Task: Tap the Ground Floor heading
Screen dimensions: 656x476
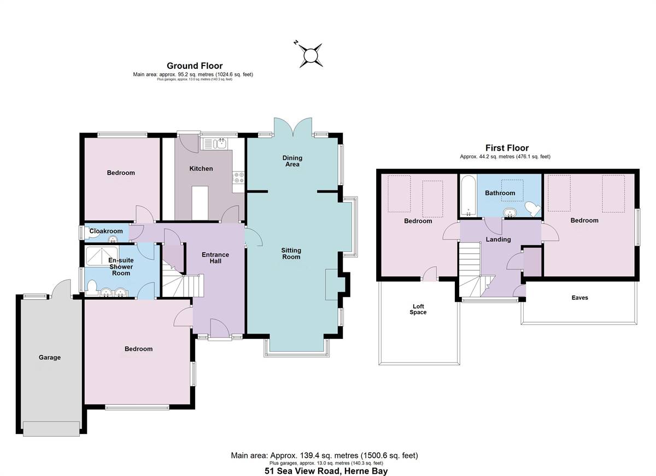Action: click(x=195, y=66)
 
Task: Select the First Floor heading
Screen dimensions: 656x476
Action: click(x=507, y=148)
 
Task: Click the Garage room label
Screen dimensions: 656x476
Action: click(x=50, y=358)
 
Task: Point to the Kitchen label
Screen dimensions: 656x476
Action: click(x=201, y=169)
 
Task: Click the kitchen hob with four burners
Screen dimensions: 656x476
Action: click(x=238, y=178)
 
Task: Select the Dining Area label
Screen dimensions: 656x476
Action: click(x=292, y=161)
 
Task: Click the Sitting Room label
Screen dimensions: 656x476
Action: click(x=291, y=253)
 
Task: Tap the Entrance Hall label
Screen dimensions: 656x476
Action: click(x=215, y=258)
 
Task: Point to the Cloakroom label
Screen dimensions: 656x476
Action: click(x=106, y=231)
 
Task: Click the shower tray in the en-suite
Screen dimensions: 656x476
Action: click(x=102, y=256)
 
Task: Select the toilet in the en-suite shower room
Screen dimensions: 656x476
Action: click(x=92, y=288)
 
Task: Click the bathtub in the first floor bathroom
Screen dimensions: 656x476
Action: click(x=468, y=195)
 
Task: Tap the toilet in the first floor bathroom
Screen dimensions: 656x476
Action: click(x=532, y=209)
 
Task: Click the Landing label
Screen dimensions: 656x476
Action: click(x=498, y=240)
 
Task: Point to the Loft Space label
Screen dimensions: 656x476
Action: click(x=418, y=310)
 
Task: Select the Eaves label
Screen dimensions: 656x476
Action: click(x=579, y=297)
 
